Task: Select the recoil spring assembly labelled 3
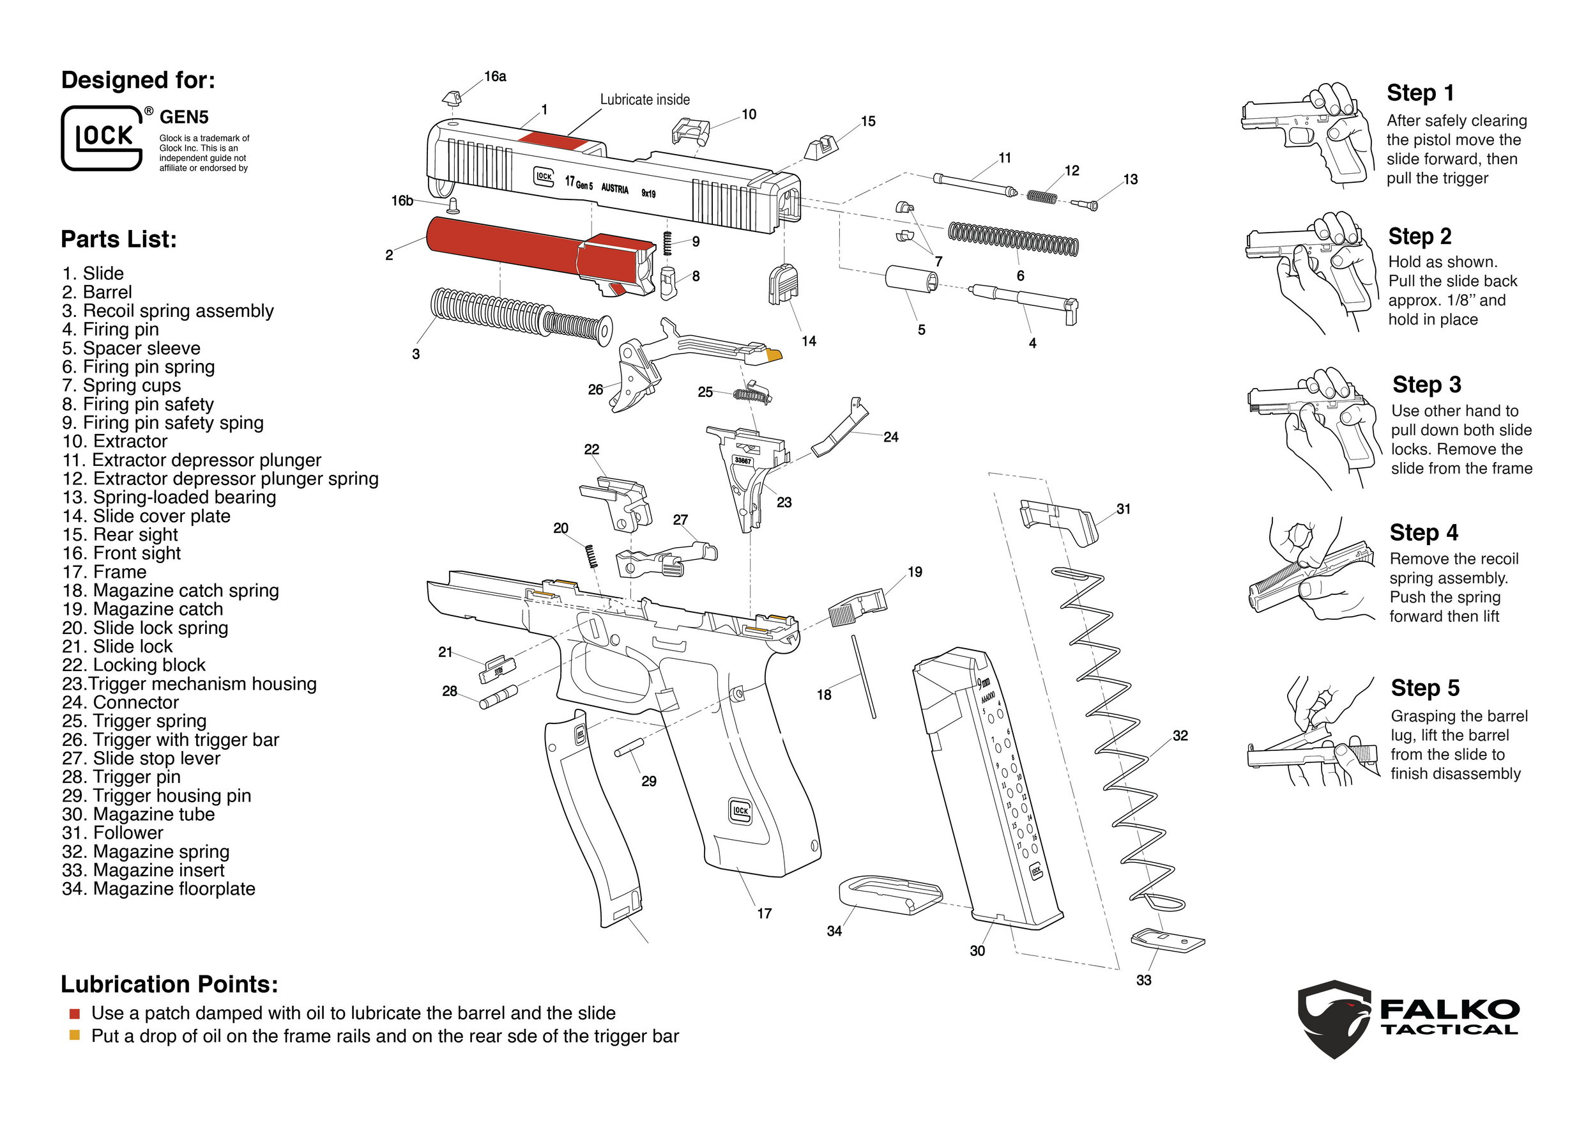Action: point(518,318)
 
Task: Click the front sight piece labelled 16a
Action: point(451,97)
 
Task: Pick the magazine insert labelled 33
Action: point(1168,940)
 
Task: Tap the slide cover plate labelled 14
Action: point(783,284)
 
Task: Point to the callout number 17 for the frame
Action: point(764,914)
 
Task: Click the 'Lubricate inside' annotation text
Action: point(644,100)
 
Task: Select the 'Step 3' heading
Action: point(1426,384)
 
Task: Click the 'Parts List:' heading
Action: point(119,239)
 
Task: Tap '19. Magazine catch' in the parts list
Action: point(142,609)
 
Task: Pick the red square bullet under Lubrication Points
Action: point(75,1014)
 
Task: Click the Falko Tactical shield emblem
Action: point(1334,1019)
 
